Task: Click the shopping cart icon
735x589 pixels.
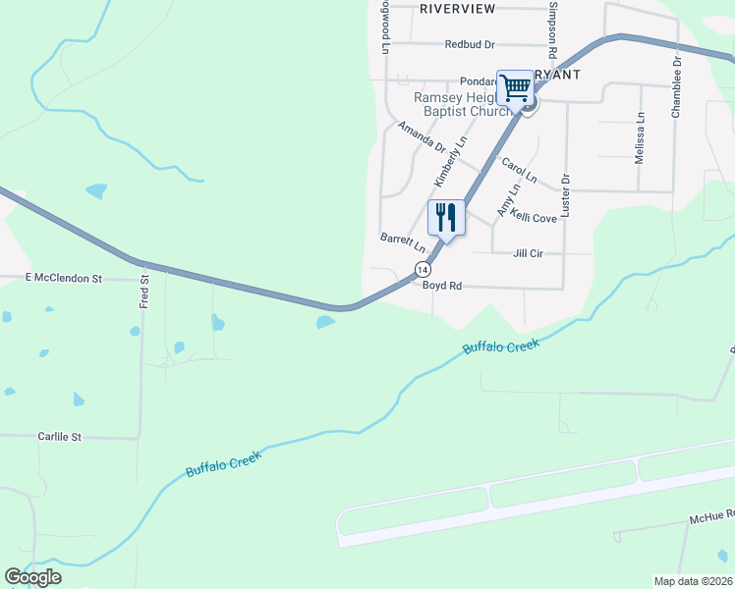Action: [x=515, y=88]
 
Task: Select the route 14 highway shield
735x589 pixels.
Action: [x=423, y=268]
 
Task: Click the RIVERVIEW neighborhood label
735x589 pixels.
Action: [x=457, y=8]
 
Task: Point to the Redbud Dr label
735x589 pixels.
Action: [x=469, y=44]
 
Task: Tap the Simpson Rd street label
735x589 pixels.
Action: [x=553, y=29]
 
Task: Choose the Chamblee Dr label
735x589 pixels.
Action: [x=676, y=87]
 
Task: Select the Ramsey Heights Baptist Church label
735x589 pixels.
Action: [x=458, y=105]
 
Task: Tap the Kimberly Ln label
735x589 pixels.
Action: [x=451, y=163]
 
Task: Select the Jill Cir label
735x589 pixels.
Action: [x=528, y=253]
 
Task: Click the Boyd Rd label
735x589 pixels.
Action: [x=441, y=286]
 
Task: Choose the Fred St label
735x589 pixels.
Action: [x=143, y=293]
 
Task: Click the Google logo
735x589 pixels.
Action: [x=31, y=577]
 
